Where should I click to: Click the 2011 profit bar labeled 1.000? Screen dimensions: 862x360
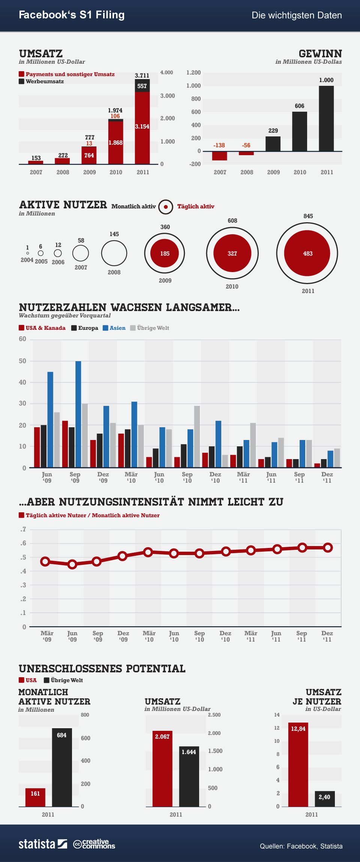(326, 118)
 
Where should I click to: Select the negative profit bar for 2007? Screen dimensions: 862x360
(220, 156)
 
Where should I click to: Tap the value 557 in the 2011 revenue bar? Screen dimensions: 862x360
(142, 86)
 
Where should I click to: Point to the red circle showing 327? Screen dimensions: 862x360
(232, 253)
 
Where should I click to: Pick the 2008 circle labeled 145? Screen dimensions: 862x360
(114, 253)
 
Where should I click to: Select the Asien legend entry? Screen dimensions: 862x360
(114, 328)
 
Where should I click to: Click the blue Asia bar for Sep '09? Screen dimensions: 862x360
(78, 414)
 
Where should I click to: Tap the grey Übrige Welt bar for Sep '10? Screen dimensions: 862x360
(197, 437)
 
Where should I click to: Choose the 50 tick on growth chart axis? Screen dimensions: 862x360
(23, 361)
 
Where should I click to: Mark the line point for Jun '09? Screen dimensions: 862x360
(72, 564)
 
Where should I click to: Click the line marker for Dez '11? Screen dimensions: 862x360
(328, 548)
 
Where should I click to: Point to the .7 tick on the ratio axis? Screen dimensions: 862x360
(24, 529)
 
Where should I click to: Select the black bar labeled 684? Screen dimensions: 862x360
(62, 768)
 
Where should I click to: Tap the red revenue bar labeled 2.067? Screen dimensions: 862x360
(162, 769)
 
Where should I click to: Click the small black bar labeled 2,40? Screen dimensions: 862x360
(325, 799)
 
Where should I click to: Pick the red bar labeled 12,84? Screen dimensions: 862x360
(298, 765)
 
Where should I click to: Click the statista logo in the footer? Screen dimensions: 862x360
(43, 844)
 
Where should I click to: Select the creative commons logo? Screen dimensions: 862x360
(94, 844)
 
